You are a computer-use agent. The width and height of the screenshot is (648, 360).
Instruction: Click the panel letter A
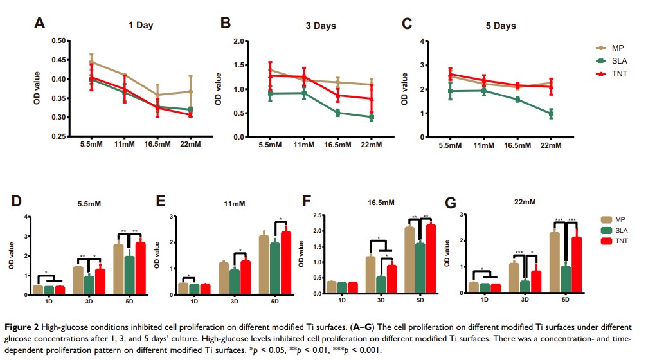tap(40, 24)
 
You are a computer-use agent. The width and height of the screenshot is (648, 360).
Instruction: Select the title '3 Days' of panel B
tap(321, 26)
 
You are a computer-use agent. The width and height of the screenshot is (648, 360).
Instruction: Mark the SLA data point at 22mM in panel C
tap(551, 114)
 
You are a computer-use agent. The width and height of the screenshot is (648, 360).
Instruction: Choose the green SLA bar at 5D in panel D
tap(130, 275)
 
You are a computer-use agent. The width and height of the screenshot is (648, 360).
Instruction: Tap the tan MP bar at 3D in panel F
tap(370, 275)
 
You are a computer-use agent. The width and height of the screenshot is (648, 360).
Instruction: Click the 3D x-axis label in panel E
tap(237, 301)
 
